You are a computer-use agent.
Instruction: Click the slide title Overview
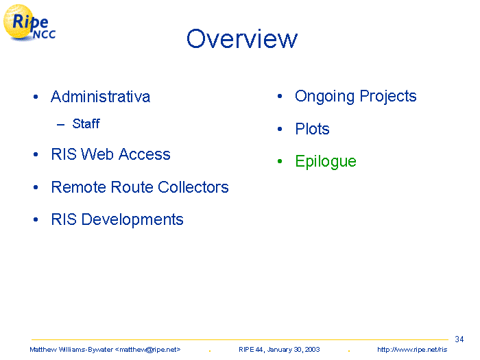242,38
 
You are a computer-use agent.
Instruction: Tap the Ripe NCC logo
29,23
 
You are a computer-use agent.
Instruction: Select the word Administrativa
100,97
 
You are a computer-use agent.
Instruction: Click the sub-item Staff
86,123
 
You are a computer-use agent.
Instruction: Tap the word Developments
132,219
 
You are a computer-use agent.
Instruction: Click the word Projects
388,97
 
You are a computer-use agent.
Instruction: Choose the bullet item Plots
312,129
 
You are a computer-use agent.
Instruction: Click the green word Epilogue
326,161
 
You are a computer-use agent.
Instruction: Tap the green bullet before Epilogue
280,161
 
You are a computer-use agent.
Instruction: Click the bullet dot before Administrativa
36,97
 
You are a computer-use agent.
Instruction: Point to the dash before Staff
60,124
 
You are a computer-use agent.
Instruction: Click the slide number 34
459,339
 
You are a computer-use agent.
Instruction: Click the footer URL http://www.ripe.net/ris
412,350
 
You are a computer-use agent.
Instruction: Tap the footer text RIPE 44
251,350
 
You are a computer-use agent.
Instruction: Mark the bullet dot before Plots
280,129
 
